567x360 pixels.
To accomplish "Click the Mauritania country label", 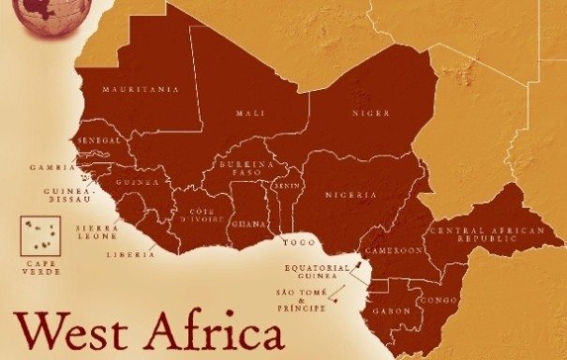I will tap(142, 90).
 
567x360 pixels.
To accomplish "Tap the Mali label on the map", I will tap(251, 113).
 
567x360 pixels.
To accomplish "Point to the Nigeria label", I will tap(351, 195).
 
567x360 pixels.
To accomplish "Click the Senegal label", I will tap(100, 140).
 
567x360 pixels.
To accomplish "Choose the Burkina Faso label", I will tap(245, 170).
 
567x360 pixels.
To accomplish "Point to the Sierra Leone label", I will tap(97, 232).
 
